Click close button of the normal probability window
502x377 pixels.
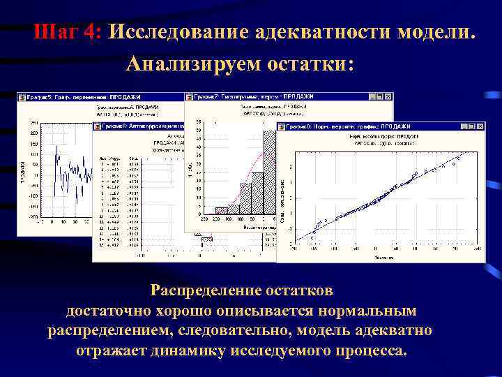tap(480, 126)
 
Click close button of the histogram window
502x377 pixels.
tap(388, 96)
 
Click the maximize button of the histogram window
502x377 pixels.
tap(380, 96)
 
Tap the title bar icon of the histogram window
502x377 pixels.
tap(190, 96)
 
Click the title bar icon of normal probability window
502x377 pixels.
tap(282, 126)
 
